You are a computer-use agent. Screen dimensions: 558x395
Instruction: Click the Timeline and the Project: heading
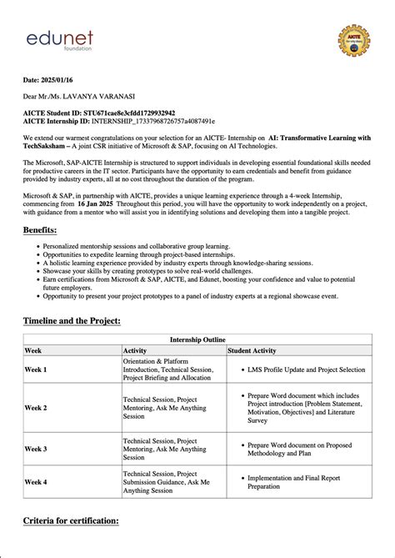click(72, 321)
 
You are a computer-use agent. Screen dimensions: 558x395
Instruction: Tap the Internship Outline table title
click(197, 340)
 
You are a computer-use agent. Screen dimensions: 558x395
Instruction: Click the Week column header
click(33, 351)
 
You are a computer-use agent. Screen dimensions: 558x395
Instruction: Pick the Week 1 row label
click(36, 369)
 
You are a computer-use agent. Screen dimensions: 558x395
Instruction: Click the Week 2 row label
click(36, 408)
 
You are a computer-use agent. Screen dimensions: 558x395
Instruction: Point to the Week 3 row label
click(36, 449)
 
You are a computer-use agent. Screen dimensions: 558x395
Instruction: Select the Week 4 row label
click(36, 482)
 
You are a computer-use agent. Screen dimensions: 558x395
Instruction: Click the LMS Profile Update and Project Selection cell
click(306, 369)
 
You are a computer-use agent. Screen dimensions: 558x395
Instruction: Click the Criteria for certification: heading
click(71, 520)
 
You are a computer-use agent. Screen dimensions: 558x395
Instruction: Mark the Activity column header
click(135, 351)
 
